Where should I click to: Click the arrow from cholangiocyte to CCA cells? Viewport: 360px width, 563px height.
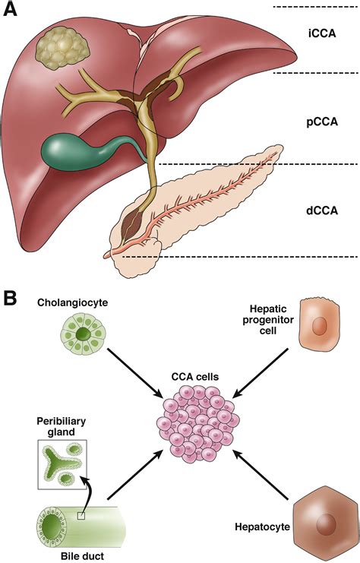click(135, 372)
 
